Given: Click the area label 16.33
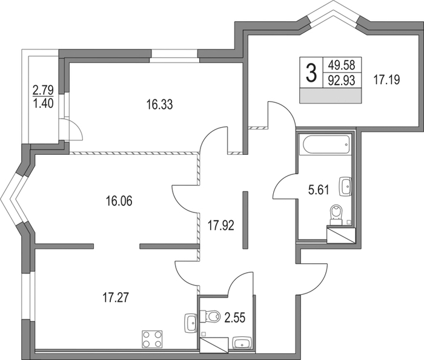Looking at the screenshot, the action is pyautogui.click(x=159, y=105).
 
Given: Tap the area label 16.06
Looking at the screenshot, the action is pyautogui.click(x=119, y=201).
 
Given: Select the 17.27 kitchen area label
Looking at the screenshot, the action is pyautogui.click(x=116, y=298).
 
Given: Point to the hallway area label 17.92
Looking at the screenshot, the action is pyautogui.click(x=220, y=226).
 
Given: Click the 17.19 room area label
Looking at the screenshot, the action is pyautogui.click(x=386, y=80).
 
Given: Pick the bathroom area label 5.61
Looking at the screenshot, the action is pyautogui.click(x=319, y=190).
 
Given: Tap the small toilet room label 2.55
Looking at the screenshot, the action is pyautogui.click(x=235, y=318).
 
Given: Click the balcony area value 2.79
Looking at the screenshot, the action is pyautogui.click(x=43, y=90).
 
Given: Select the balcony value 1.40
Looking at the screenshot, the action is pyautogui.click(x=43, y=103).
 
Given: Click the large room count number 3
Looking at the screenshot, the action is pyautogui.click(x=311, y=73).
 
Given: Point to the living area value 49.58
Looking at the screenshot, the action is pyautogui.click(x=341, y=65).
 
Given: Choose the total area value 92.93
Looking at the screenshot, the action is pyautogui.click(x=341, y=80).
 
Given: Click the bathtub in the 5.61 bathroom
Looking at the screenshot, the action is pyautogui.click(x=326, y=144).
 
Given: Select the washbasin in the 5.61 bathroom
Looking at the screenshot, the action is pyautogui.click(x=345, y=186).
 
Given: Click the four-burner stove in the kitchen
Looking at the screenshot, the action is pyautogui.click(x=152, y=339).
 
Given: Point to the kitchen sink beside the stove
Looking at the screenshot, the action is pyautogui.click(x=191, y=323).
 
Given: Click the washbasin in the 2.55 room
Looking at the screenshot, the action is pyautogui.click(x=242, y=343).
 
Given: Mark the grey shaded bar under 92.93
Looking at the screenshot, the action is pyautogui.click(x=331, y=96).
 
